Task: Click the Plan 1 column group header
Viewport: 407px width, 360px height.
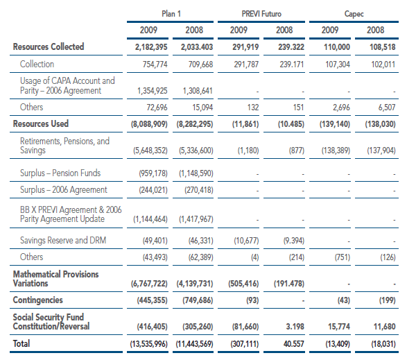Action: [x=171, y=13]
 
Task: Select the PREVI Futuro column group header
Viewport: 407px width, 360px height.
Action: [x=261, y=13]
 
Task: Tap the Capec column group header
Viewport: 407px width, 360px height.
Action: [x=354, y=14]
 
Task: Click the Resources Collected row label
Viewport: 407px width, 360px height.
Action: [x=49, y=46]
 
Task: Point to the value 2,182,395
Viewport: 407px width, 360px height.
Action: [x=151, y=47]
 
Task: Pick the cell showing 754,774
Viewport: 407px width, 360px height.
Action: [x=155, y=64]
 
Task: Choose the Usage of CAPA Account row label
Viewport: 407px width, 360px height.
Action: [x=67, y=85]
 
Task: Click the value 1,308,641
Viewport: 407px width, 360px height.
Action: [x=198, y=91]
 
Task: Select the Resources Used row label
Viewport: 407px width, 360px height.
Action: [x=41, y=123]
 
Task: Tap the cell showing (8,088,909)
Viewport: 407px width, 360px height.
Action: [x=149, y=124]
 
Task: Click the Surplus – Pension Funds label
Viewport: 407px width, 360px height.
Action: [x=60, y=173]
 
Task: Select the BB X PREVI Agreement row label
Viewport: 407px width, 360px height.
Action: [x=71, y=214]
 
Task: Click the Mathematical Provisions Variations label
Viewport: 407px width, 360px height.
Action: [x=55, y=278]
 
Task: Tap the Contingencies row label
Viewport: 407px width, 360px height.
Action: [x=38, y=300]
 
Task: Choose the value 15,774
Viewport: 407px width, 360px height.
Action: [x=339, y=327]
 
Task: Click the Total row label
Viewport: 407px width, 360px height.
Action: [x=21, y=343]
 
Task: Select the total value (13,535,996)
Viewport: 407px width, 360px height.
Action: [x=149, y=344]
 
